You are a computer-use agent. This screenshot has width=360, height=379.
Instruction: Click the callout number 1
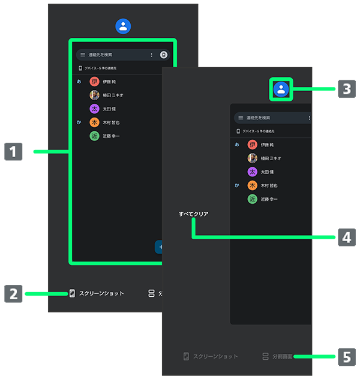pos(13,152)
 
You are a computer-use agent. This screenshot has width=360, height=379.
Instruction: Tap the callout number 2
pos(13,294)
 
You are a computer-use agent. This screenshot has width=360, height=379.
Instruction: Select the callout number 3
pos(347,89)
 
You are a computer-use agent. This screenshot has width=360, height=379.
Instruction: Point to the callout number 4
pos(347,237)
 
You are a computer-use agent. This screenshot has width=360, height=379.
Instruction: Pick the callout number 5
pos(347,357)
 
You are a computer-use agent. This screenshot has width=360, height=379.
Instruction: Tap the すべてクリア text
pos(193,213)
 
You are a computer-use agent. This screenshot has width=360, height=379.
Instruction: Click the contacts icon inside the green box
pos(281,89)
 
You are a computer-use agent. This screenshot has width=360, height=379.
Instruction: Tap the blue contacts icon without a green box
pos(123,26)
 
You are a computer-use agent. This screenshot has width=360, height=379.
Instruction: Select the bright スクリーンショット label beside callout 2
pos(101,293)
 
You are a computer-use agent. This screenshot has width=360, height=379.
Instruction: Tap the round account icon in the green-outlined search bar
pos(164,55)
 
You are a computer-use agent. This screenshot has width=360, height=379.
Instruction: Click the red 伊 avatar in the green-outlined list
pos(94,82)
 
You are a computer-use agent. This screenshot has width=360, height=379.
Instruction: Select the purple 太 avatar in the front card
pos(253,172)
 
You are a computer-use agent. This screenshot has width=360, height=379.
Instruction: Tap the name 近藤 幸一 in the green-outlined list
pos(112,136)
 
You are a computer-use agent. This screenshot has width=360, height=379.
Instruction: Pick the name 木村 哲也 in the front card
pos(269,185)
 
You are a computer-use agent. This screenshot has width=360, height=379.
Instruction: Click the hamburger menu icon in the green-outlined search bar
pos(83,55)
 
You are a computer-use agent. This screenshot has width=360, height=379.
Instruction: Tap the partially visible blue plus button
pos(160,246)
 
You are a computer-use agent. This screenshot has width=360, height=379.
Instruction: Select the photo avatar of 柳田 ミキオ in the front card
pos(253,158)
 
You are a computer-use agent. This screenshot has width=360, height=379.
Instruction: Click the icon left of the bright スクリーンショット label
pos(71,293)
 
